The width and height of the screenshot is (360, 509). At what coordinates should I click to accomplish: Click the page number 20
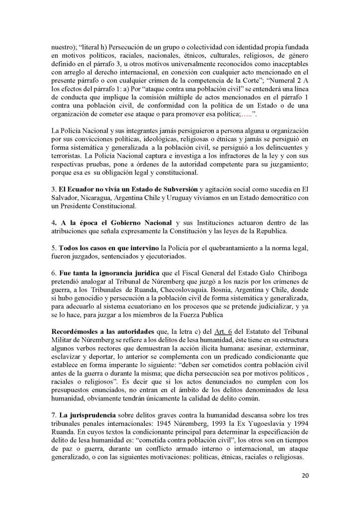305,475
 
